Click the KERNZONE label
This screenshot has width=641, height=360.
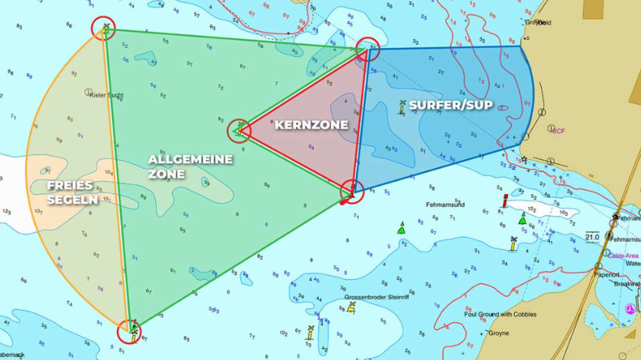click(x=311, y=125)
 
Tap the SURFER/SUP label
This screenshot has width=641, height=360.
click(x=451, y=105)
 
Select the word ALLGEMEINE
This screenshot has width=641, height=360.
click(x=190, y=160)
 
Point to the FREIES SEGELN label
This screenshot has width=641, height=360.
click(x=72, y=192)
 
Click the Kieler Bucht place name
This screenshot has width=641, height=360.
click(x=106, y=94)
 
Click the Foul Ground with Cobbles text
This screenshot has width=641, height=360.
click(x=501, y=314)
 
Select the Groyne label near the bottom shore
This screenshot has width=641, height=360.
click(x=499, y=333)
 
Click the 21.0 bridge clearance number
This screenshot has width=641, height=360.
click(x=593, y=238)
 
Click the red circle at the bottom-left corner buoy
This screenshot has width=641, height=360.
click(x=130, y=331)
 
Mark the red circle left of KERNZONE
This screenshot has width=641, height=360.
click(x=239, y=130)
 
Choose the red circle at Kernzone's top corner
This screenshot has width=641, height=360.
click(x=367, y=49)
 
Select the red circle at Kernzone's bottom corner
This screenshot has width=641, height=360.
click(x=352, y=191)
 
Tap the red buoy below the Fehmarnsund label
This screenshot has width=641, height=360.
click(x=505, y=200)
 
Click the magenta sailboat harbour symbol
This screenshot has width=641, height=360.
click(x=630, y=309)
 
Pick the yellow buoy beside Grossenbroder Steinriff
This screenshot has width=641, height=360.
click(x=352, y=307)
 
